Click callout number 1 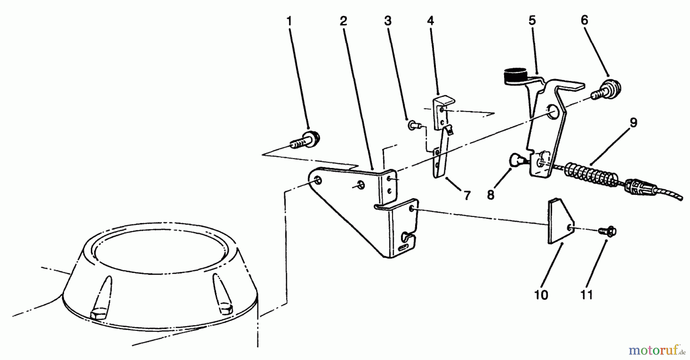[x=289, y=21]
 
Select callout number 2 [x=343, y=21]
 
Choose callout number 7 [x=467, y=196]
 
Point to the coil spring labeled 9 [x=590, y=173]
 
